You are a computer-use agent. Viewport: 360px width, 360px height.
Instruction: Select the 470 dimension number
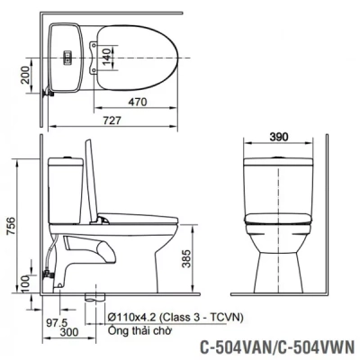click(x=136, y=103)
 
